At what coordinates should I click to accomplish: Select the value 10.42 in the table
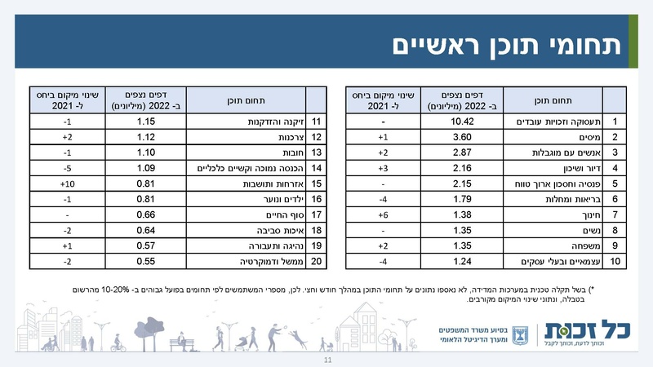pos(464,122)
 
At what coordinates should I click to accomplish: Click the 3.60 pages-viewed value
pos(464,137)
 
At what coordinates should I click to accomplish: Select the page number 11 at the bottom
pos(326,360)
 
